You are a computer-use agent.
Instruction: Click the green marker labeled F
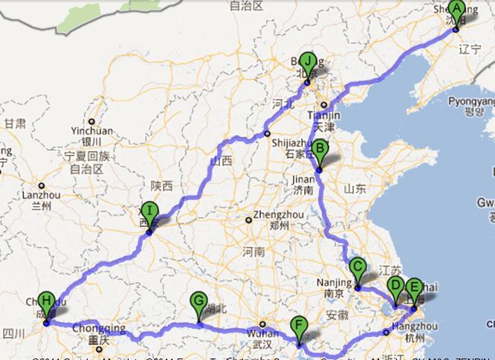click(x=299, y=327)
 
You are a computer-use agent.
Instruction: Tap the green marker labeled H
click(x=47, y=303)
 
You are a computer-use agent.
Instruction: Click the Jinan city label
click(x=302, y=179)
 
